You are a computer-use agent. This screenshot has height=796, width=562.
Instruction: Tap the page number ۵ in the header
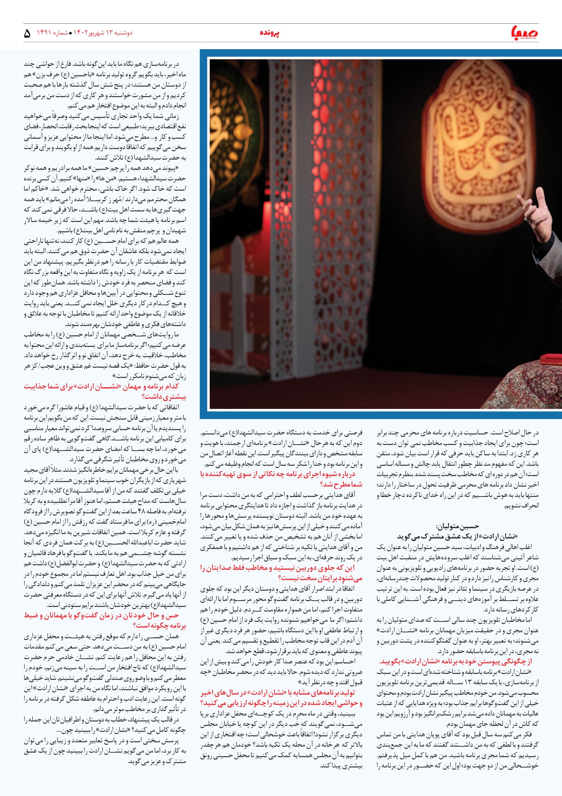coord(27,34)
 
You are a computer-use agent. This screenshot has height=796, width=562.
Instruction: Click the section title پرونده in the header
coord(270,33)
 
